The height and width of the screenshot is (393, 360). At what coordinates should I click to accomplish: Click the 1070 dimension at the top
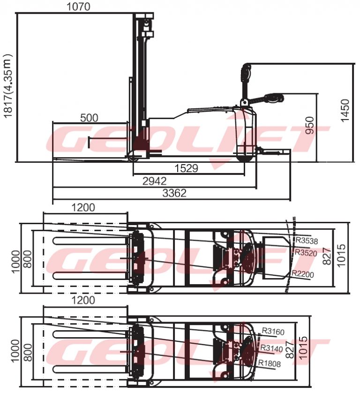point(78,7)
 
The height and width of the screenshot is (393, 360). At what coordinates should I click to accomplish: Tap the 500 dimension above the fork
point(89,118)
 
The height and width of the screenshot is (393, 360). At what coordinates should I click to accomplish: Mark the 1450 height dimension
point(345,111)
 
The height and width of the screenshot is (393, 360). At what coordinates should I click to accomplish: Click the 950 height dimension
point(310,126)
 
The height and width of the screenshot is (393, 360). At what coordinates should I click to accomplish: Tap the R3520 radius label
point(306,253)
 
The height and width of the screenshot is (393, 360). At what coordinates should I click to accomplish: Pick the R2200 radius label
point(303,273)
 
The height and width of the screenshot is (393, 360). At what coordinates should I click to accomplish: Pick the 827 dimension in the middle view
point(326,255)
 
